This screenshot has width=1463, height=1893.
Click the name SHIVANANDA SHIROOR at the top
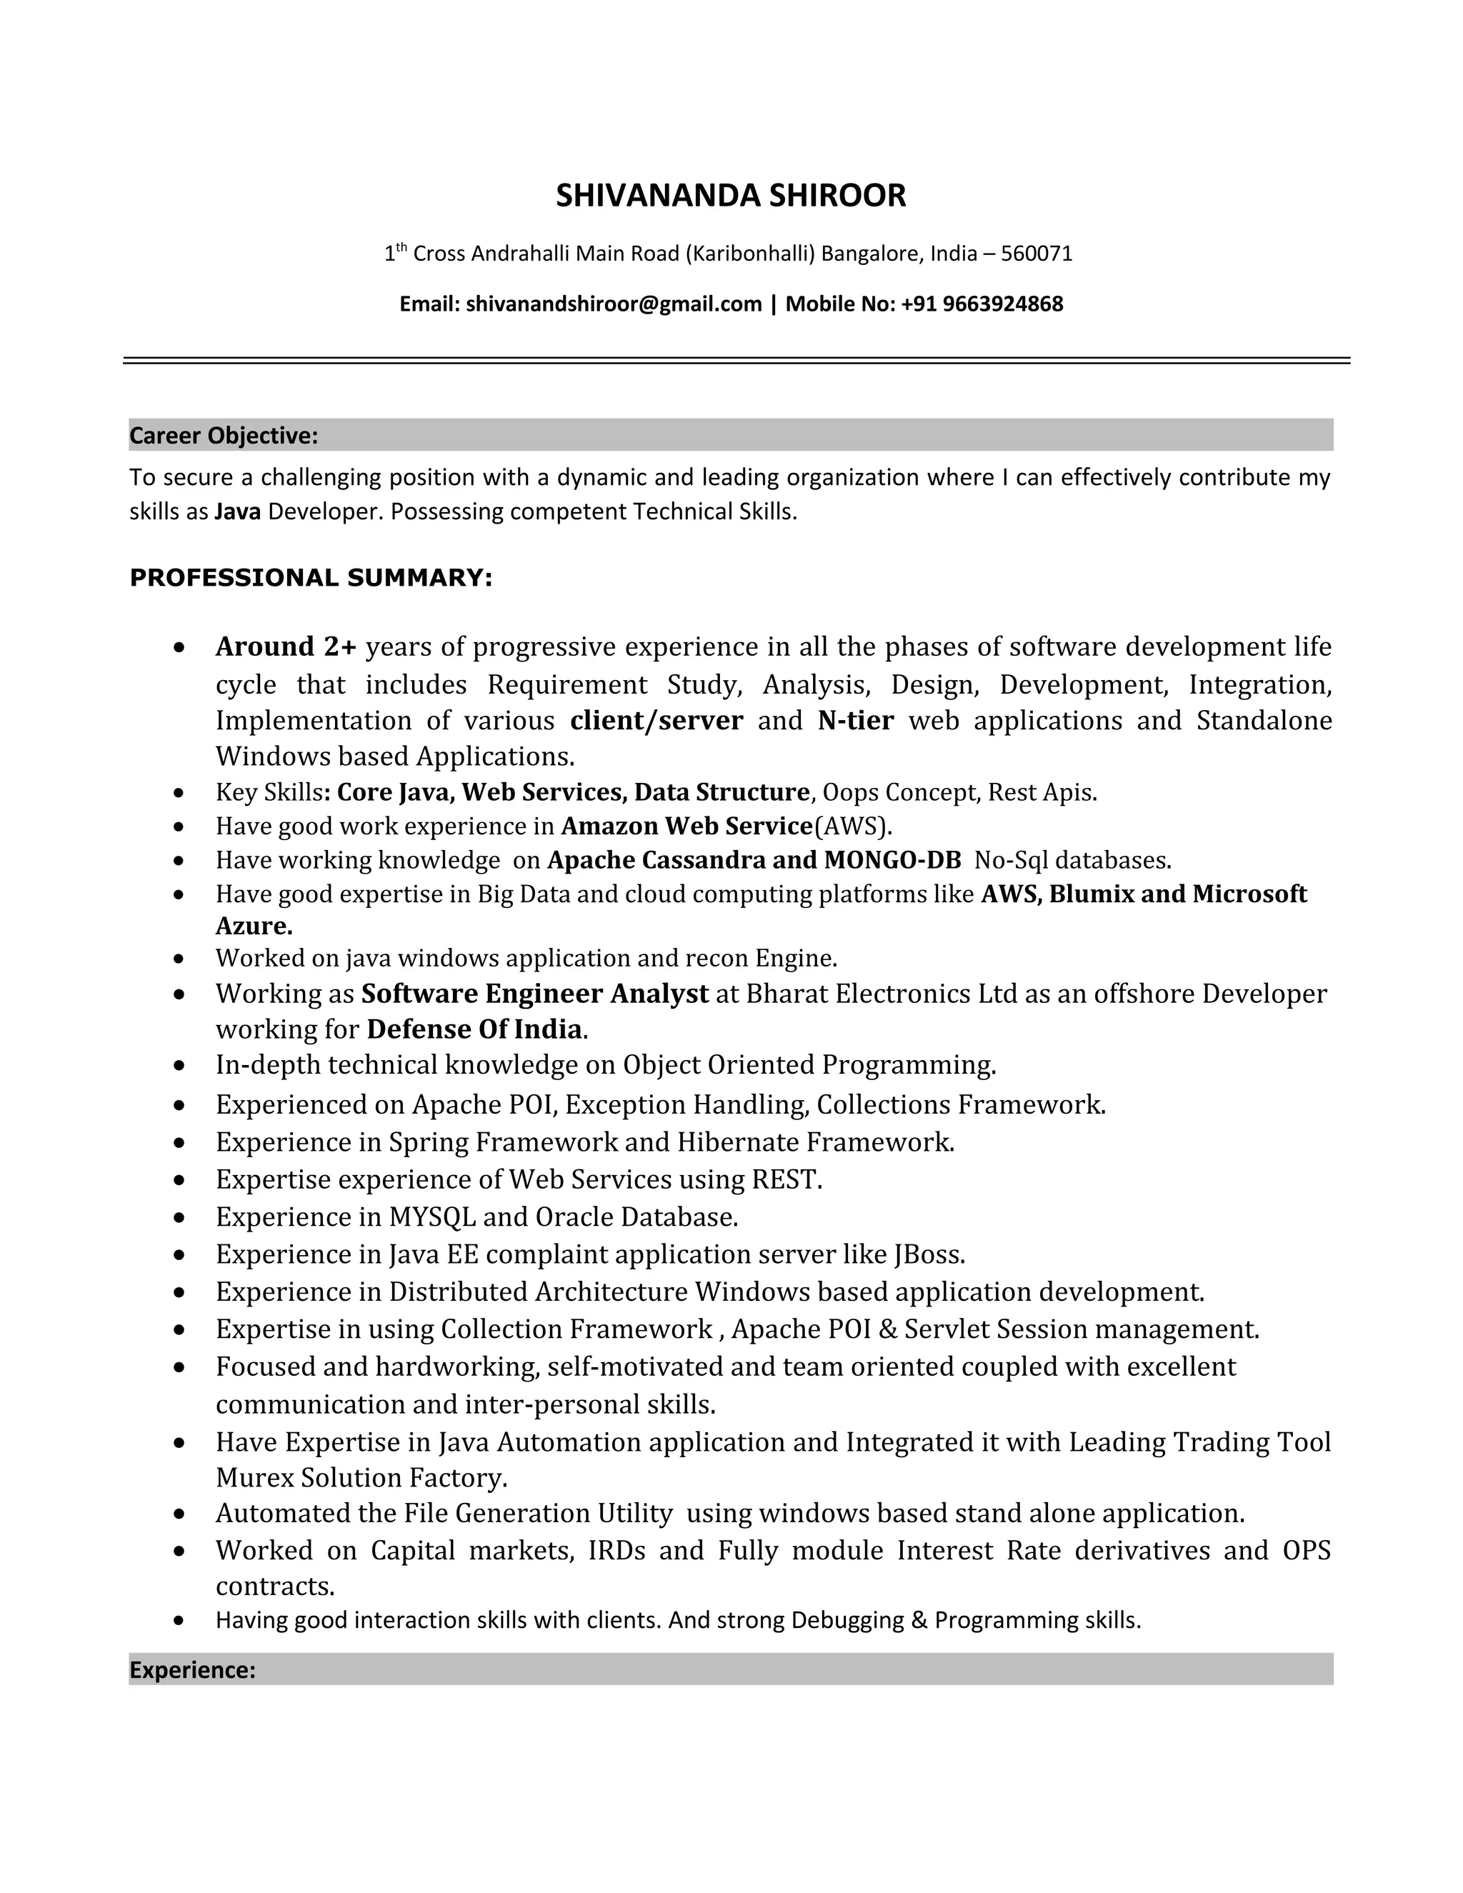pyautogui.click(x=731, y=196)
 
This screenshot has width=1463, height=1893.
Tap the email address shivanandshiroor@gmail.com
pyautogui.click(x=614, y=304)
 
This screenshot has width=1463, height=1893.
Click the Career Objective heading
pyautogui.click(x=224, y=436)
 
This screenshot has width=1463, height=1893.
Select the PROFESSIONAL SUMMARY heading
pyautogui.click(x=310, y=578)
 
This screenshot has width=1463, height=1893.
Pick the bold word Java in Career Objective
pyautogui.click(x=237, y=512)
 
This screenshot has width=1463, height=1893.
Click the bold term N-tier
pyautogui.click(x=854, y=720)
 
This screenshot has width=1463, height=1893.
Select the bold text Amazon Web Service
pyautogui.click(x=686, y=826)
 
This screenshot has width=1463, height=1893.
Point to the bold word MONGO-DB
pyautogui.click(x=893, y=860)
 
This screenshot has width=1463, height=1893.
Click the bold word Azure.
pyautogui.click(x=253, y=926)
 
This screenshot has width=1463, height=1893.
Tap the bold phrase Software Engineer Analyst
pyautogui.click(x=535, y=994)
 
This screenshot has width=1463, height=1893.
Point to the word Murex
pyautogui.click(x=255, y=1477)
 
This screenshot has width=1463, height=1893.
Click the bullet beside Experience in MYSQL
pyautogui.click(x=179, y=1218)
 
